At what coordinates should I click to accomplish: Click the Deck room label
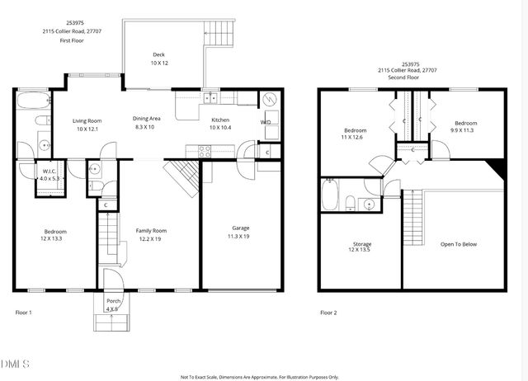[x=158, y=54]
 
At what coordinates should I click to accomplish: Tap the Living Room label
[x=87, y=120]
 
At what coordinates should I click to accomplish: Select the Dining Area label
[x=147, y=118]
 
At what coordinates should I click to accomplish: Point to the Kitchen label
[x=220, y=120]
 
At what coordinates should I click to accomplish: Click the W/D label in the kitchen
[x=266, y=123]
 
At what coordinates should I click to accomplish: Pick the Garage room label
[x=241, y=228]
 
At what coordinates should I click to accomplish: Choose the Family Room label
[x=151, y=230]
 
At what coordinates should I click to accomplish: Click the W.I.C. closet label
[x=49, y=172]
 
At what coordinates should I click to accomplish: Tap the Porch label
[x=113, y=302]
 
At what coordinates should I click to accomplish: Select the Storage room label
[x=361, y=243]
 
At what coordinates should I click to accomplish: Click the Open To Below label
[x=459, y=243]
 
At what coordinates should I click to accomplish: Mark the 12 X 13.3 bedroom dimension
[x=55, y=238]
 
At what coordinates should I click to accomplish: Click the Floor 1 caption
[x=24, y=313]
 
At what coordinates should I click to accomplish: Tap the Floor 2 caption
[x=328, y=313]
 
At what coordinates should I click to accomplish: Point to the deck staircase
[x=220, y=34]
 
